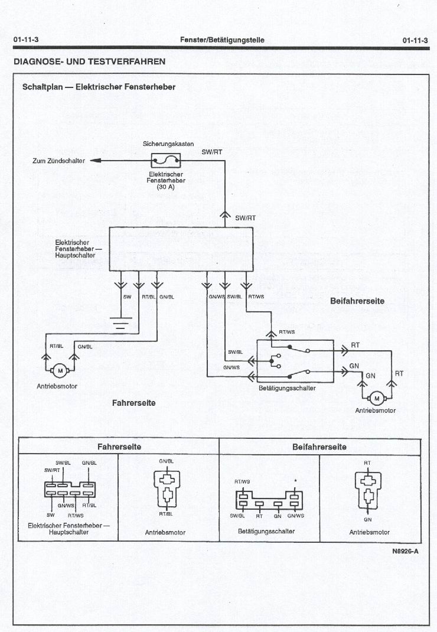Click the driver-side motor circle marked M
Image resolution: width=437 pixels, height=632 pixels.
(x=60, y=370)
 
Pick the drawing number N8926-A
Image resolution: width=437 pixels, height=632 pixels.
(x=405, y=552)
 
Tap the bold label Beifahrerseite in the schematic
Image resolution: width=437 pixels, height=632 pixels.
(x=357, y=301)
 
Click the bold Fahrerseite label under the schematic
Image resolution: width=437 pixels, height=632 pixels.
(x=133, y=403)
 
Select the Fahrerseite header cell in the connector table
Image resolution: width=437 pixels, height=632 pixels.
(x=119, y=447)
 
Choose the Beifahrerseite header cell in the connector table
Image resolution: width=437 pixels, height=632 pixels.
(x=319, y=447)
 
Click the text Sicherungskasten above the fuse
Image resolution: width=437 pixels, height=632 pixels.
(x=168, y=144)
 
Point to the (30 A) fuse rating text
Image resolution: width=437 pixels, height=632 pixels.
(x=166, y=187)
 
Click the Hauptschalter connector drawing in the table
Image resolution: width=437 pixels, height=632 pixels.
(x=69, y=488)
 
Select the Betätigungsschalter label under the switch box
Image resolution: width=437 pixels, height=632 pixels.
(x=287, y=389)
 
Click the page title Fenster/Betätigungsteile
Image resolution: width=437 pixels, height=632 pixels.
(x=223, y=40)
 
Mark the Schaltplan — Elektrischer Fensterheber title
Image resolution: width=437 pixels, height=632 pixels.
(x=99, y=87)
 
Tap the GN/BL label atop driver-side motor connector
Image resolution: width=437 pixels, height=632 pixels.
(x=166, y=461)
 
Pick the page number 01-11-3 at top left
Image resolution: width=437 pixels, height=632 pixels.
(x=26, y=40)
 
